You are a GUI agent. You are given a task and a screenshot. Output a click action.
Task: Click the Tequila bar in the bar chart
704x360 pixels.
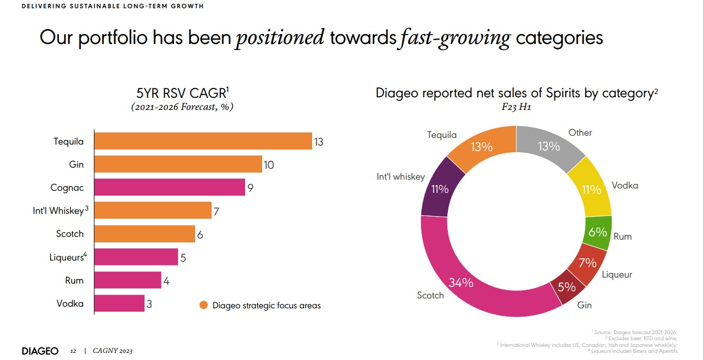tap(203, 141)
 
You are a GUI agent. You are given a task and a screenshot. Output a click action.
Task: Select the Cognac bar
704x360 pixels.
tap(169, 187)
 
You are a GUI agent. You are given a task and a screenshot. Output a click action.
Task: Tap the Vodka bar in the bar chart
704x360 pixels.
tap(119, 303)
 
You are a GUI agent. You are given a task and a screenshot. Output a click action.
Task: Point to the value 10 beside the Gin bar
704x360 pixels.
tap(268, 165)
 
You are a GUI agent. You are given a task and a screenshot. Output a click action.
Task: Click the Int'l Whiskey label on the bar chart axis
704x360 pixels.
tap(59, 211)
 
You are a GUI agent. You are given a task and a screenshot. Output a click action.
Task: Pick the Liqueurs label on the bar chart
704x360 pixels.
tap(66, 257)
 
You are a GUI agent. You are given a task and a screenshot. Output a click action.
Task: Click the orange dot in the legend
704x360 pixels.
tap(203, 306)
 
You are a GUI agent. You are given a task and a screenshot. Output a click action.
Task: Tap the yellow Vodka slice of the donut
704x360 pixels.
tap(591, 190)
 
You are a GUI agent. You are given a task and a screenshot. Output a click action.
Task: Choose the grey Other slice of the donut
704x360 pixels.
tap(550, 146)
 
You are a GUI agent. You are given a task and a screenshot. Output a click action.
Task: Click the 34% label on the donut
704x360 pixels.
tap(461, 283)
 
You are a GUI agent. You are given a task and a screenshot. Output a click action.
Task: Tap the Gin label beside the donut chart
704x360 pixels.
tap(584, 305)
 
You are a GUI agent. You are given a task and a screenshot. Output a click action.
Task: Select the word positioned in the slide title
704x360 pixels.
tap(280, 38)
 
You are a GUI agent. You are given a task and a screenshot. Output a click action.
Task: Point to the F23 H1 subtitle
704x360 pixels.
tap(517, 107)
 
